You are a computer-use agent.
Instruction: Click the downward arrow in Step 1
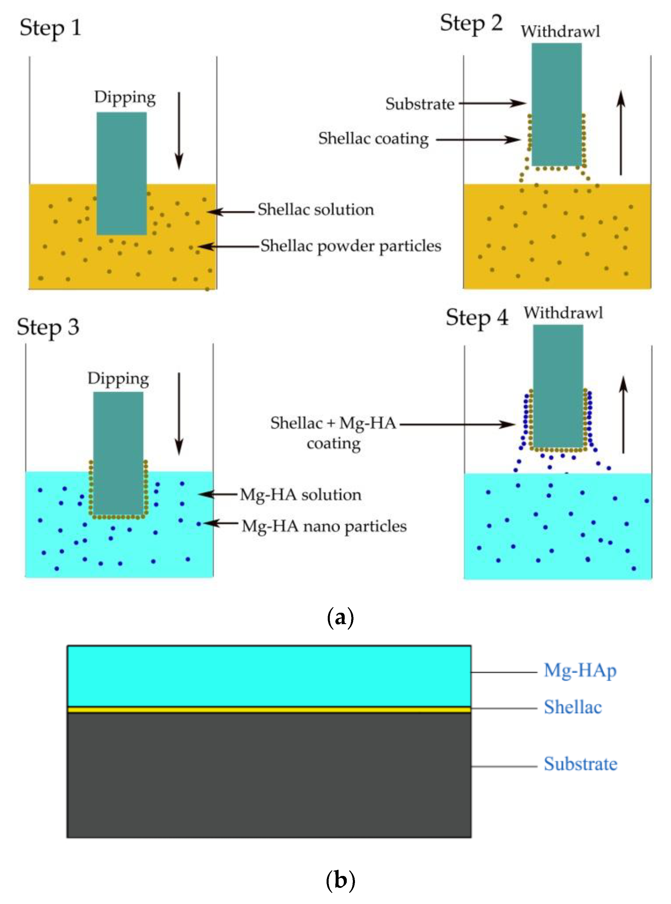point(179,130)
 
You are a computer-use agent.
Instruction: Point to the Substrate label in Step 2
point(420,104)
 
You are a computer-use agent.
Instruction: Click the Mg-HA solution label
point(301,495)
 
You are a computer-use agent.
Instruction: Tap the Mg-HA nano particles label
point(324,526)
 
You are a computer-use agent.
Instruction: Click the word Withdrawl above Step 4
point(563,313)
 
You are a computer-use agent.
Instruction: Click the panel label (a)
point(340,618)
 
